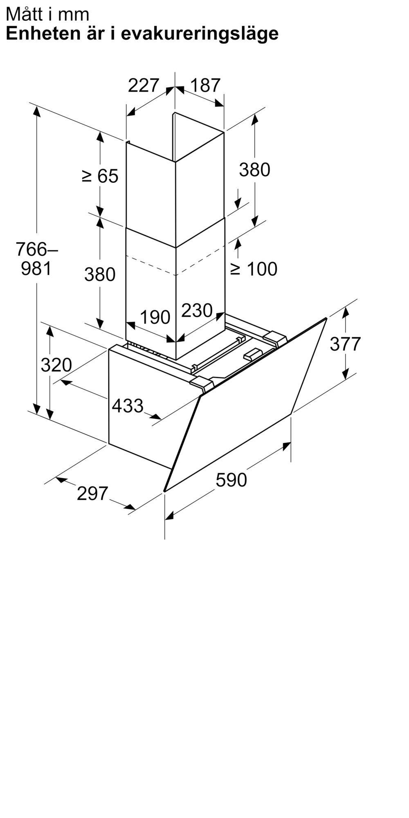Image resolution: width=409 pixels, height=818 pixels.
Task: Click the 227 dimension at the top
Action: point(143,85)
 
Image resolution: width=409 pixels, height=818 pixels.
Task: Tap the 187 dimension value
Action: point(205,85)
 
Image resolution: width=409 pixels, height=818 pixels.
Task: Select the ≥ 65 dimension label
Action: point(100,176)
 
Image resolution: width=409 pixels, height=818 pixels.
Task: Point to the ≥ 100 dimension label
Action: point(254,269)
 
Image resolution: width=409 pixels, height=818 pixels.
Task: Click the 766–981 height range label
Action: point(37,258)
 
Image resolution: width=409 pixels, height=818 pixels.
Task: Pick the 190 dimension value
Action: point(155,317)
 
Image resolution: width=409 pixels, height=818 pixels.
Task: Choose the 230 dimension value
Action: point(197,310)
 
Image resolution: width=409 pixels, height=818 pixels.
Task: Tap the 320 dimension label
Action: point(56,365)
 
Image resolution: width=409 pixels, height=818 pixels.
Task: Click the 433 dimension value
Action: point(128,406)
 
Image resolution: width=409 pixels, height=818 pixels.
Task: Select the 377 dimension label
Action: point(345,344)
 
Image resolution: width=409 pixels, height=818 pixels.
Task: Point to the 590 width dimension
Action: point(231,480)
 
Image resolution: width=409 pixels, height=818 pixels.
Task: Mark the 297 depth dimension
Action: point(92,494)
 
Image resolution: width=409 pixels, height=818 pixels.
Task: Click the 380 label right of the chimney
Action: point(254,169)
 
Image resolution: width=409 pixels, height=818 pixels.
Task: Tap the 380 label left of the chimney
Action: point(100,274)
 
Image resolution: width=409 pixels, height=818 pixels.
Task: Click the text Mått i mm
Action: point(47,14)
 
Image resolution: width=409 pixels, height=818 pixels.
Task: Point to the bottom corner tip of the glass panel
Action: point(164,490)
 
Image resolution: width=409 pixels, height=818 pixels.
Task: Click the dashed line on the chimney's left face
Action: point(151,265)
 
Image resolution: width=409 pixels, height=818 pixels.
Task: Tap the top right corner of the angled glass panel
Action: point(326,318)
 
